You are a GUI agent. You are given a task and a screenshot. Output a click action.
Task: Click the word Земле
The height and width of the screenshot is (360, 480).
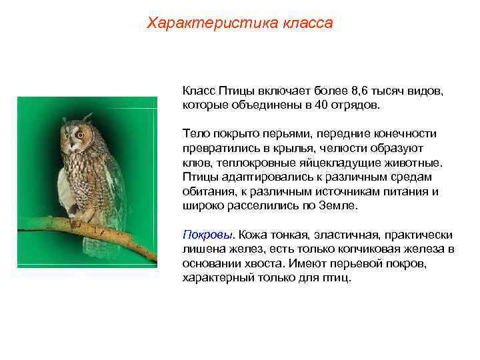[338, 207]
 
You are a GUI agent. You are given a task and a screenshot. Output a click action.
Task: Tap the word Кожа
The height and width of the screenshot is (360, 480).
[253, 235]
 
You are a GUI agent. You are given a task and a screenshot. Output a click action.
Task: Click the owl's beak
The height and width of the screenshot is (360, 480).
[73, 139]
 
